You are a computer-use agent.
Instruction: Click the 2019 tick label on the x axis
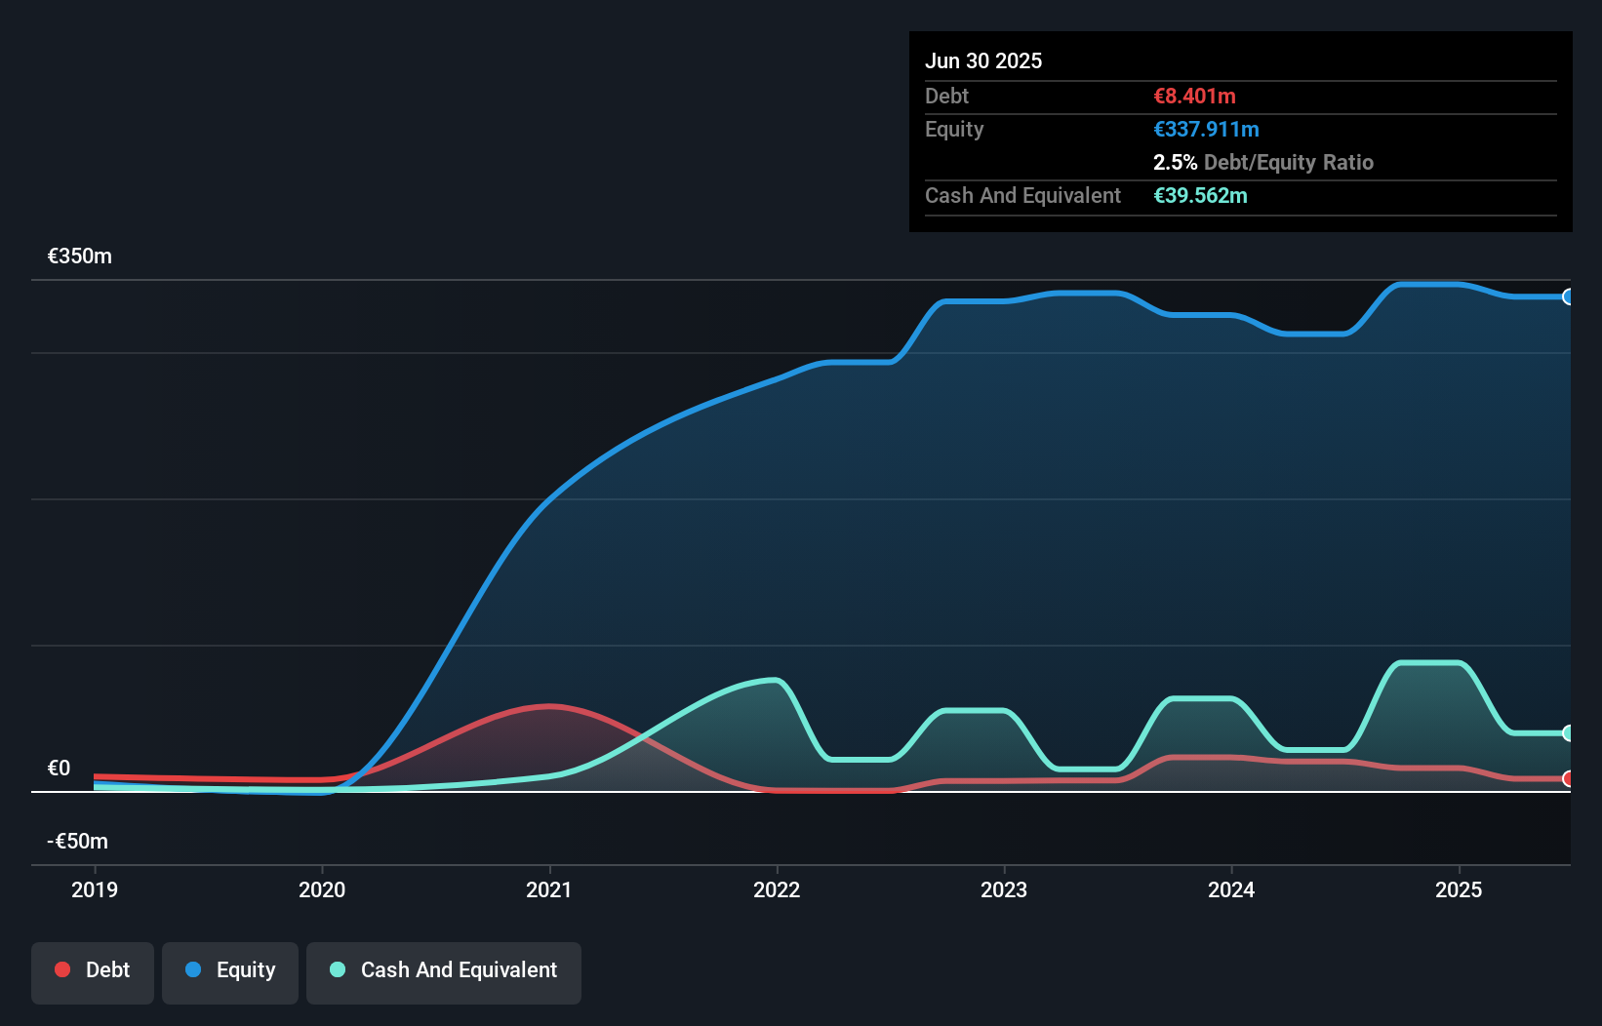(x=95, y=889)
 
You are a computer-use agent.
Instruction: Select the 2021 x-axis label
(x=549, y=889)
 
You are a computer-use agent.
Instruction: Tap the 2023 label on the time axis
(x=1004, y=889)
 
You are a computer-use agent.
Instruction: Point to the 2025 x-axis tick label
(x=1459, y=889)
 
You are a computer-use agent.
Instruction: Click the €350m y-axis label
(x=80, y=256)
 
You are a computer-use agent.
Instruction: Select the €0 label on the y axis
(x=60, y=769)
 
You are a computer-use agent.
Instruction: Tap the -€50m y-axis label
(x=78, y=842)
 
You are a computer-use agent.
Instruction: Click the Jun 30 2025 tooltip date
(x=983, y=60)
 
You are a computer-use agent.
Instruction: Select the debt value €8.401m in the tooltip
(x=1194, y=96)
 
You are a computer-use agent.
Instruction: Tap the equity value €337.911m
(x=1206, y=129)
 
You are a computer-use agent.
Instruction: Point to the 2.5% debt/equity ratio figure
(x=1175, y=162)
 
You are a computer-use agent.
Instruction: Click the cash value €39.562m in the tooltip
(x=1200, y=195)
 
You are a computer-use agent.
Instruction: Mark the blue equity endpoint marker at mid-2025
(x=1568, y=296)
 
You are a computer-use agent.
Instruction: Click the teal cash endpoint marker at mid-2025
(x=1568, y=732)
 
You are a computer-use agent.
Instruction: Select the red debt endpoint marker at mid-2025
(x=1568, y=778)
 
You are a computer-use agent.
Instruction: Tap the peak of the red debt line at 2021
(x=549, y=705)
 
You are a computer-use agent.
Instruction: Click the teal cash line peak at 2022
(x=775, y=680)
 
